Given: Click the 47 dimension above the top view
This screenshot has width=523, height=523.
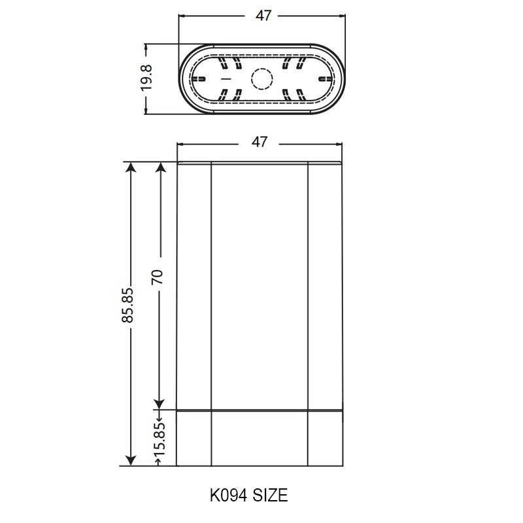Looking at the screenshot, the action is coord(263,16).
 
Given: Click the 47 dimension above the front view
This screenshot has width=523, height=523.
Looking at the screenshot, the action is coord(259,142).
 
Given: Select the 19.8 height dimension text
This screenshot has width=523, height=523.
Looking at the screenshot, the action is coord(146,78).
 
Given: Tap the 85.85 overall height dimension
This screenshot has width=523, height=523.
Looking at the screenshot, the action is coord(127,305).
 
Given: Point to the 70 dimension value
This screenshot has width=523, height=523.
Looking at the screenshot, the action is coord(157,277).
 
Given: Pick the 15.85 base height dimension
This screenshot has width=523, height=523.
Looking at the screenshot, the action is coord(160,439).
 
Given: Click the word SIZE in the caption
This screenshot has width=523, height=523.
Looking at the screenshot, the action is coord(270,496).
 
